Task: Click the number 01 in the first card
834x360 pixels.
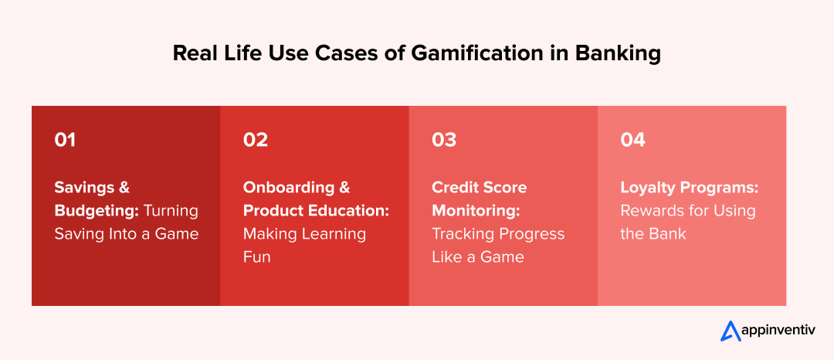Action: pyautogui.click(x=65, y=140)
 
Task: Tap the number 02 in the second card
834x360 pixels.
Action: pyautogui.click(x=256, y=140)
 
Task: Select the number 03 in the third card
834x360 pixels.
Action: pyautogui.click(x=444, y=140)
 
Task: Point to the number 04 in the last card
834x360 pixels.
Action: pyautogui.click(x=632, y=140)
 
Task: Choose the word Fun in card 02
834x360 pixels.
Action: pyautogui.click(x=257, y=256)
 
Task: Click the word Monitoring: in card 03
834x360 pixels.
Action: pyautogui.click(x=475, y=211)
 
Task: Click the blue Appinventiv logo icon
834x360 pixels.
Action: pyautogui.click(x=731, y=331)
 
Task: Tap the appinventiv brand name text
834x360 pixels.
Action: pyautogui.click(x=779, y=331)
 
